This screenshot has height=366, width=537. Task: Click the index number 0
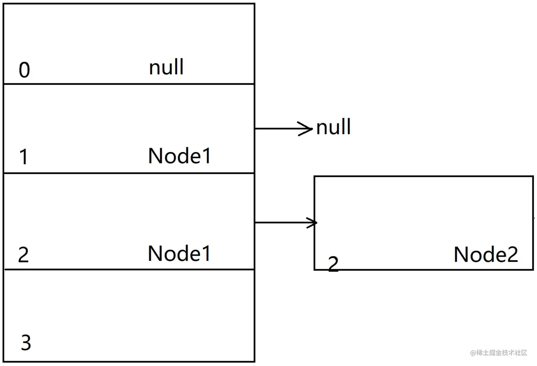pos(24,70)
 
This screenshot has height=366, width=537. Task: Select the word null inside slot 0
pos(166,67)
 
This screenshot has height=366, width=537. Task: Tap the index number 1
pos(24,157)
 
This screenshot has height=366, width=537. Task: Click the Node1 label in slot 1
pos(180,156)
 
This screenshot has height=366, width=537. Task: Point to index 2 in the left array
pos(23,255)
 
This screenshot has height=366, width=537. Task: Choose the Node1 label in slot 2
pos(179,254)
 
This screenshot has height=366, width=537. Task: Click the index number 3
pos(26,343)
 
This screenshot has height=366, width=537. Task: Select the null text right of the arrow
pos(333,127)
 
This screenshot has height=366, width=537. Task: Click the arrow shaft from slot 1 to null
pos(277,129)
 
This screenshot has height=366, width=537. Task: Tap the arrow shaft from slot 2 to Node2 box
pos(281,222)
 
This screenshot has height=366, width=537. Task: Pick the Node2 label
pos(486,255)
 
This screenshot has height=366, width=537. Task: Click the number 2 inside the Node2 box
pos(333,264)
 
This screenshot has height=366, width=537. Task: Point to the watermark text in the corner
pos(499,353)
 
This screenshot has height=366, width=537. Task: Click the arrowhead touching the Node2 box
pos(313,223)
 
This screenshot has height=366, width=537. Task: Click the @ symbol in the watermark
pos(473,353)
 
